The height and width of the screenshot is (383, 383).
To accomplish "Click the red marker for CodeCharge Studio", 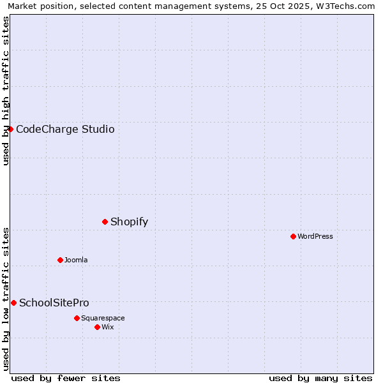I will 10,129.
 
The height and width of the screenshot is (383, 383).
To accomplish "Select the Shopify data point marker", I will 105,222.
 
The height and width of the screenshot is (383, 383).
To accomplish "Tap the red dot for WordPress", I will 293,236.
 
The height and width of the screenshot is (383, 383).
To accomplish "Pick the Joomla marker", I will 60,260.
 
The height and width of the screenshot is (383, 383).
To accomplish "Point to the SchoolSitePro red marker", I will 13,303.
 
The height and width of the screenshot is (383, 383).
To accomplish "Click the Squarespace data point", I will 77,318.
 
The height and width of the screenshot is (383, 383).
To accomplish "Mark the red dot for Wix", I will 97,327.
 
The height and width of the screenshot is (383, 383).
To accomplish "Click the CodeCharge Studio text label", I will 65,130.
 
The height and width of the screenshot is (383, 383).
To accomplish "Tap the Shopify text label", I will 129,222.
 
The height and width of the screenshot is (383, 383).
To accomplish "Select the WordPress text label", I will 315,237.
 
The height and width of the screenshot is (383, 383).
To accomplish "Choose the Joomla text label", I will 76,260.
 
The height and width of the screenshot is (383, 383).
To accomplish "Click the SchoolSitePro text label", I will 54,303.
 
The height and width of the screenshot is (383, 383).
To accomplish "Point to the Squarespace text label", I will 103,319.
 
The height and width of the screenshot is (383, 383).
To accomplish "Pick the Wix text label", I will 108,327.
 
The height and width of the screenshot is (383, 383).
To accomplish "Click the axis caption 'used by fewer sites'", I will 66,379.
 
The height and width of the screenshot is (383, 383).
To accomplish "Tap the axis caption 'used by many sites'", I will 320,379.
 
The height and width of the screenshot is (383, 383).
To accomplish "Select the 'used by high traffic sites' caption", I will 6,91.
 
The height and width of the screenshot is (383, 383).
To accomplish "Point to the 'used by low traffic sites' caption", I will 6,298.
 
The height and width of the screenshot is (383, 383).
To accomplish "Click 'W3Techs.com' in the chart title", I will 347,6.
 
